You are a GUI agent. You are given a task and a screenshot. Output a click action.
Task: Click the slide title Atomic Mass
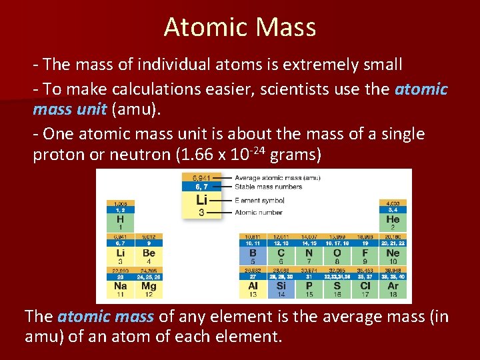239,27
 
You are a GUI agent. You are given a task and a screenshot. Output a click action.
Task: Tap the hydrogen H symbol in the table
120,219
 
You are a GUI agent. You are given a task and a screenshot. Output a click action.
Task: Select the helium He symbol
393,219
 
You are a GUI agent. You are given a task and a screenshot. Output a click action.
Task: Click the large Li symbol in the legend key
202,199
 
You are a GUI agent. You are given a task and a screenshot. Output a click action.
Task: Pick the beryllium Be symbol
149,253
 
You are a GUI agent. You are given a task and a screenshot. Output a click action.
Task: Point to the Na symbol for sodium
120,285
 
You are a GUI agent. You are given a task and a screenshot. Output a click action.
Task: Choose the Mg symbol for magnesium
149,285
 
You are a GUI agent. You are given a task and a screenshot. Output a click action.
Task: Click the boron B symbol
253,253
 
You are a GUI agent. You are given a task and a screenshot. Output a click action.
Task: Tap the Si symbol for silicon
281,285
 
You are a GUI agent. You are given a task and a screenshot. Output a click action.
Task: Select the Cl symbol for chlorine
365,285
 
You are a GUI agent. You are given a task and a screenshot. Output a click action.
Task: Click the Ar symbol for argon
393,285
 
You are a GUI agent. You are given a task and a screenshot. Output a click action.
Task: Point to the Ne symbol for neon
393,253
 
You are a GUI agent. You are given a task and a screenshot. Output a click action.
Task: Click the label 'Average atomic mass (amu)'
268,178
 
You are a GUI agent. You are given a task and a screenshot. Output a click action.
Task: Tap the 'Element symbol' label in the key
259,200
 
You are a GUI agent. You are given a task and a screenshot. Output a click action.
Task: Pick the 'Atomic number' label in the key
259,213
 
